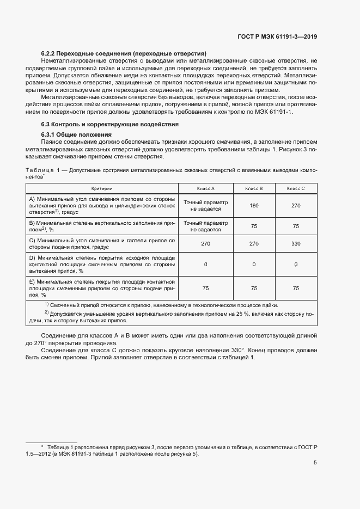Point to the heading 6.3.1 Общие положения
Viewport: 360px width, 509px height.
[x=76, y=134]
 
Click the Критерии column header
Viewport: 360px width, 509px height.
[x=102, y=188]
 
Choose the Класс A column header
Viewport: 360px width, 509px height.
[x=205, y=188]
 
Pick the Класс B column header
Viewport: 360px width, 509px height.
[x=254, y=188]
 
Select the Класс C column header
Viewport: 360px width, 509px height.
[x=296, y=188]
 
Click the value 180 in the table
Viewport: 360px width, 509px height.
[x=254, y=206]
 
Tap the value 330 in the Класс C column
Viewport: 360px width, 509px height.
[x=296, y=244]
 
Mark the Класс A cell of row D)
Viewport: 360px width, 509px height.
[x=205, y=264]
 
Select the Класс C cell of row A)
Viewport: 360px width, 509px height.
[x=296, y=206]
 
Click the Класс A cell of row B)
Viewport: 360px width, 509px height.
[x=205, y=226]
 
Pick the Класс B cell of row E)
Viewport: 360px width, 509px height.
[x=254, y=288]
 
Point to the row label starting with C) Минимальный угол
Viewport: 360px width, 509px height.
[x=102, y=244]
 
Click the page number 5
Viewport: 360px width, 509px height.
[x=315, y=463]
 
